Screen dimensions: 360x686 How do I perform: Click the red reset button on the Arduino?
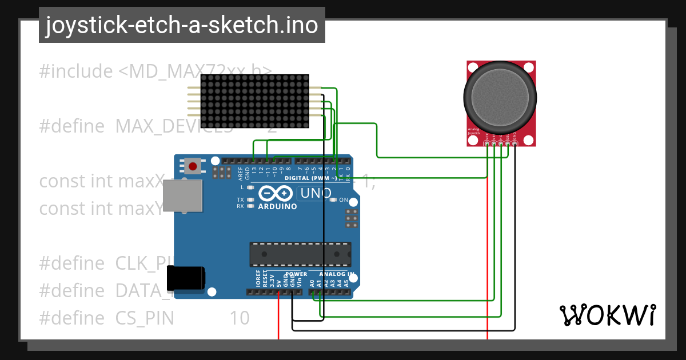[x=193, y=166]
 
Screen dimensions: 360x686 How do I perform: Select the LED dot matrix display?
[x=249, y=101]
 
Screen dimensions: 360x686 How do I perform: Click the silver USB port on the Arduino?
[x=182, y=195]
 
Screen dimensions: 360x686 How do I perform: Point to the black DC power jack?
[x=185, y=279]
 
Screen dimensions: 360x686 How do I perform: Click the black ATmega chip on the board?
[x=300, y=254]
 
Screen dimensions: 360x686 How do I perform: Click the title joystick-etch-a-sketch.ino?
[x=182, y=25]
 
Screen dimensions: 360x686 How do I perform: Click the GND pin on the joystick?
[x=514, y=143]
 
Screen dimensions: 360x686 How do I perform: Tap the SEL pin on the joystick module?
[x=508, y=143]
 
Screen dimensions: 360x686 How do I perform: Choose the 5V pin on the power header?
[x=278, y=292]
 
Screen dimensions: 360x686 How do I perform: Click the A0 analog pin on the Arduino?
[x=312, y=292]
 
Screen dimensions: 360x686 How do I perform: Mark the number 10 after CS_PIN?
[x=240, y=318]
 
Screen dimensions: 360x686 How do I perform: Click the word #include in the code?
[x=76, y=71]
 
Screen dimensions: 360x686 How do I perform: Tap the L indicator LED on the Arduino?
[x=250, y=187]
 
